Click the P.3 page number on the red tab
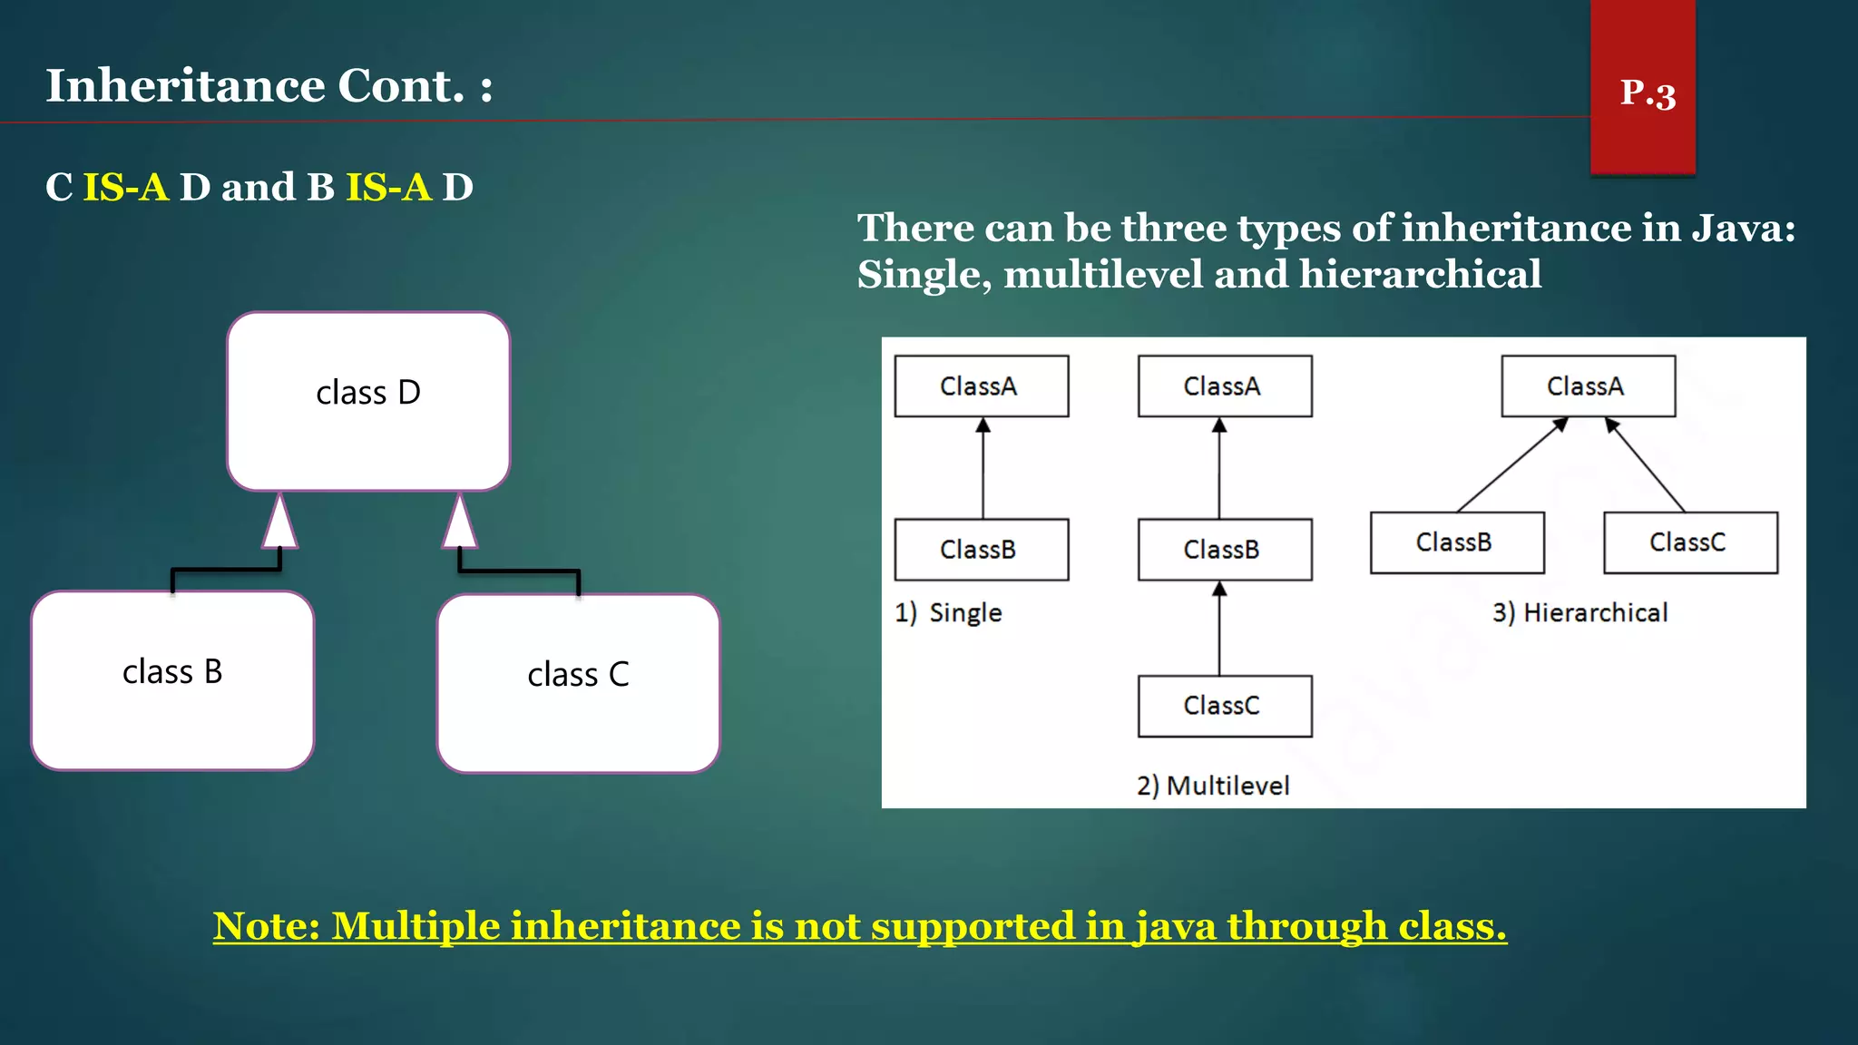click(x=1648, y=93)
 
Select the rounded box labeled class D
click(x=368, y=401)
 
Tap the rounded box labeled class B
click(x=172, y=680)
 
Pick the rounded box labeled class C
click(x=578, y=683)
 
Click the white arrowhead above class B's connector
click(x=280, y=523)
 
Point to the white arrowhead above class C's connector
click(x=460, y=523)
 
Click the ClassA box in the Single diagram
click(x=981, y=386)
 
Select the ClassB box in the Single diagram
click(x=981, y=550)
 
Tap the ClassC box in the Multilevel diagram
click(x=1224, y=706)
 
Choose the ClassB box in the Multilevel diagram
click(x=1224, y=550)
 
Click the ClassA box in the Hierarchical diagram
click(x=1588, y=386)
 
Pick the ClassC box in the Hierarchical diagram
click(x=1690, y=542)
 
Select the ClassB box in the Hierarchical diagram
click(x=1457, y=542)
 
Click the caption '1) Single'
click(x=948, y=613)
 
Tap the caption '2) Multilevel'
click(x=1213, y=786)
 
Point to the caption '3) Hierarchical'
click(x=1580, y=613)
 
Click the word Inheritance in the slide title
click(x=185, y=86)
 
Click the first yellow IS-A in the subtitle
click(x=126, y=188)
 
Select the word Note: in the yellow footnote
click(x=267, y=926)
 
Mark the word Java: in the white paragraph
click(x=1744, y=228)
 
